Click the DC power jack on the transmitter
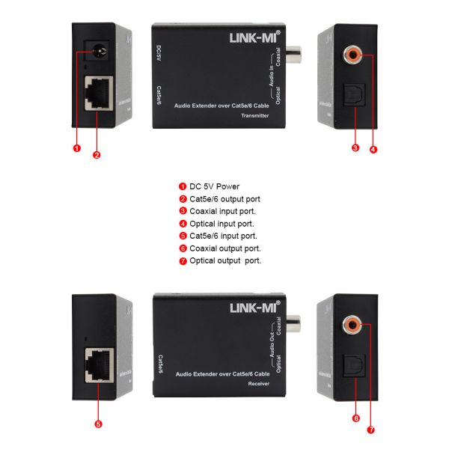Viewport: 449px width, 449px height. (x=96, y=52)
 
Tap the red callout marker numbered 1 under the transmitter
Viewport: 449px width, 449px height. (x=76, y=147)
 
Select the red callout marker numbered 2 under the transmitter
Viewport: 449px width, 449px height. (x=97, y=155)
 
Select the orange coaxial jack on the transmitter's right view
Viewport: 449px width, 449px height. (x=352, y=55)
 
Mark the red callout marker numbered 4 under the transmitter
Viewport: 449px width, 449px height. (x=373, y=149)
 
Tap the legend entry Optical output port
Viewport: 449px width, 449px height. (x=224, y=261)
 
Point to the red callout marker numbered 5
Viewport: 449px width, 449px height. (x=98, y=424)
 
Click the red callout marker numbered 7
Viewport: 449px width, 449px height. (x=371, y=430)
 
